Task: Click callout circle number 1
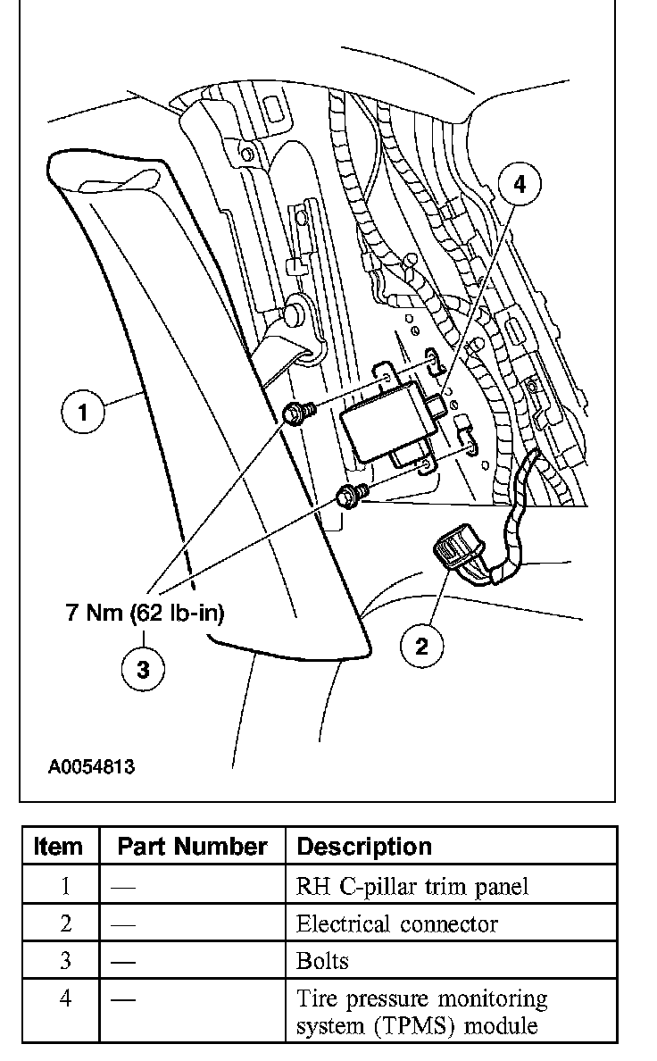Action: (x=83, y=414)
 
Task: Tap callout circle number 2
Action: (x=421, y=646)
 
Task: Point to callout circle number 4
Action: (x=520, y=185)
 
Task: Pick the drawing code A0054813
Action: (x=92, y=766)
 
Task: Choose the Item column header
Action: (x=58, y=846)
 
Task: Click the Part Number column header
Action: (x=192, y=846)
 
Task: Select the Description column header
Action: (x=363, y=846)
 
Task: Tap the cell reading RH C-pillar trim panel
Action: (x=412, y=887)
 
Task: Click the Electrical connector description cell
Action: (x=396, y=923)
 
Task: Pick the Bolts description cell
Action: (x=322, y=960)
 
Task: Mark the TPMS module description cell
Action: (x=421, y=1011)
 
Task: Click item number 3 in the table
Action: (x=65, y=960)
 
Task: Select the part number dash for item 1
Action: (x=123, y=887)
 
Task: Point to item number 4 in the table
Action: (x=65, y=998)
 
